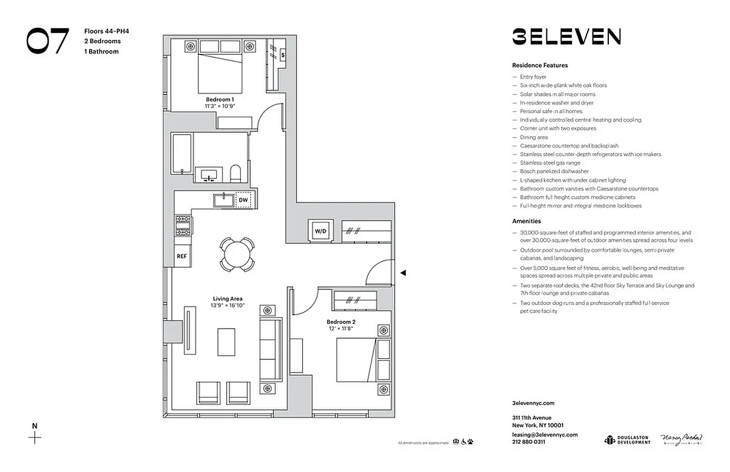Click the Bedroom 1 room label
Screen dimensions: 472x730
(220, 99)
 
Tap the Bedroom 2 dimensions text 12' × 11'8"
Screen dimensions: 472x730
(341, 329)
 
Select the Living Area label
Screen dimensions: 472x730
(227, 299)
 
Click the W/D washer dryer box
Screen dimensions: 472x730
(321, 230)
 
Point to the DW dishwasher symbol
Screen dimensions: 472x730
(243, 201)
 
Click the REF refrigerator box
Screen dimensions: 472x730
(182, 256)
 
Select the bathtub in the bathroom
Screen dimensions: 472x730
(182, 154)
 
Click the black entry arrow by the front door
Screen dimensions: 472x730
(403, 273)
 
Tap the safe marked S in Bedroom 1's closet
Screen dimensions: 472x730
(283, 55)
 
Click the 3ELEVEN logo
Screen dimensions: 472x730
(566, 37)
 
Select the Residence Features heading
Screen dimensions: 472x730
(540, 65)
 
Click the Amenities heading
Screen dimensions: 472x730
(527, 221)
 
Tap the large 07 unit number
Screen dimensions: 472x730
(47, 41)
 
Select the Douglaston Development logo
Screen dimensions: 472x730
(627, 440)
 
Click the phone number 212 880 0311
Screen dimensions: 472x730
(529, 441)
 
